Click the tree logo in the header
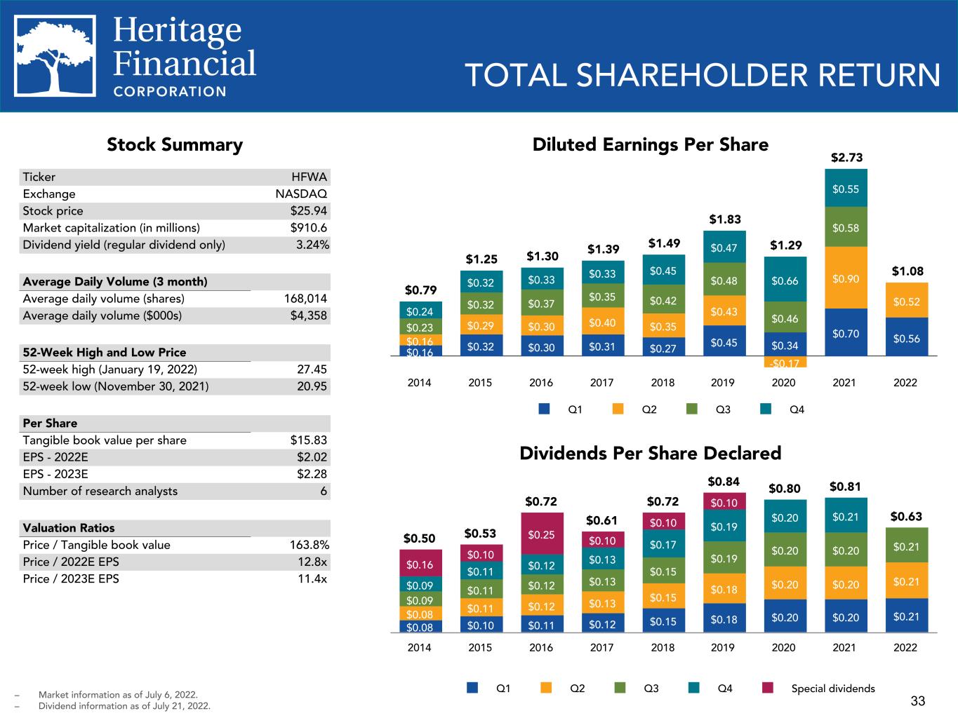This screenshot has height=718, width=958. pyautogui.click(x=55, y=56)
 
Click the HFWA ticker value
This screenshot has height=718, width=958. pyautogui.click(x=310, y=177)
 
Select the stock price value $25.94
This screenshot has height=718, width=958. pyautogui.click(x=309, y=211)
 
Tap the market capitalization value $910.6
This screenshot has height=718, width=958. pyautogui.click(x=309, y=228)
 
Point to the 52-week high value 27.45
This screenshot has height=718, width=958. pyautogui.click(x=312, y=370)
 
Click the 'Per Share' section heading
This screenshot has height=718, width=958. pyautogui.click(x=50, y=423)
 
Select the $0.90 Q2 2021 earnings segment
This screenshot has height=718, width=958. pyautogui.click(x=845, y=278)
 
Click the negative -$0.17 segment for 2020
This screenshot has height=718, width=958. pyautogui.click(x=784, y=363)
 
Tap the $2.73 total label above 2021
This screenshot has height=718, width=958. pyautogui.click(x=846, y=157)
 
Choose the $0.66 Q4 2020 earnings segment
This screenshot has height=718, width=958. pyautogui.click(x=784, y=280)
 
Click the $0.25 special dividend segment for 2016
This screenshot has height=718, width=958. pyautogui.click(x=541, y=534)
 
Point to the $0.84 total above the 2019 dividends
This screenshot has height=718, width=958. pyautogui.click(x=723, y=482)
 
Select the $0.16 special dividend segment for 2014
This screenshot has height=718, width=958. pyautogui.click(x=420, y=564)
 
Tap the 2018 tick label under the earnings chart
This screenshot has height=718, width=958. pyautogui.click(x=663, y=383)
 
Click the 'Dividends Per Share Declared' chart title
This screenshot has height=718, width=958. pyautogui.click(x=650, y=453)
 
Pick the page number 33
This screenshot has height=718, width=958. pyautogui.click(x=918, y=700)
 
